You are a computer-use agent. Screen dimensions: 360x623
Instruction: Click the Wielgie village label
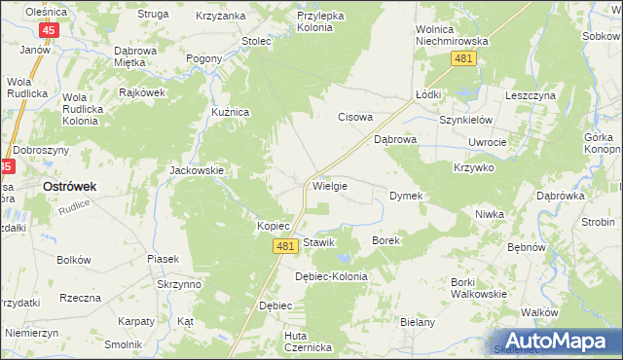click(x=329, y=184)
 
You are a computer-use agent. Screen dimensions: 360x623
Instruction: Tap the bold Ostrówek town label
click(x=67, y=186)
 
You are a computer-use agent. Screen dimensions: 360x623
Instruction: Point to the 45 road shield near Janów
click(x=51, y=30)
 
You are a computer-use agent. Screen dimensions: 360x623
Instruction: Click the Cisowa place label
click(x=355, y=118)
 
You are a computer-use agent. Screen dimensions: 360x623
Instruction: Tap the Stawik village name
click(x=319, y=242)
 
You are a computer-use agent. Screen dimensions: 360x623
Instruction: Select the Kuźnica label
click(x=232, y=113)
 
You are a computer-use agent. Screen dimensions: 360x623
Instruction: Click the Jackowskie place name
click(x=198, y=170)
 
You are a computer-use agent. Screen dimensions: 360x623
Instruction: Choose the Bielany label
click(x=417, y=322)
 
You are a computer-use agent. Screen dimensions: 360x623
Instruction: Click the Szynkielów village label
click(x=466, y=120)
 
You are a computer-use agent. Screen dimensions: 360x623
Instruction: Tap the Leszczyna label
click(x=530, y=95)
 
